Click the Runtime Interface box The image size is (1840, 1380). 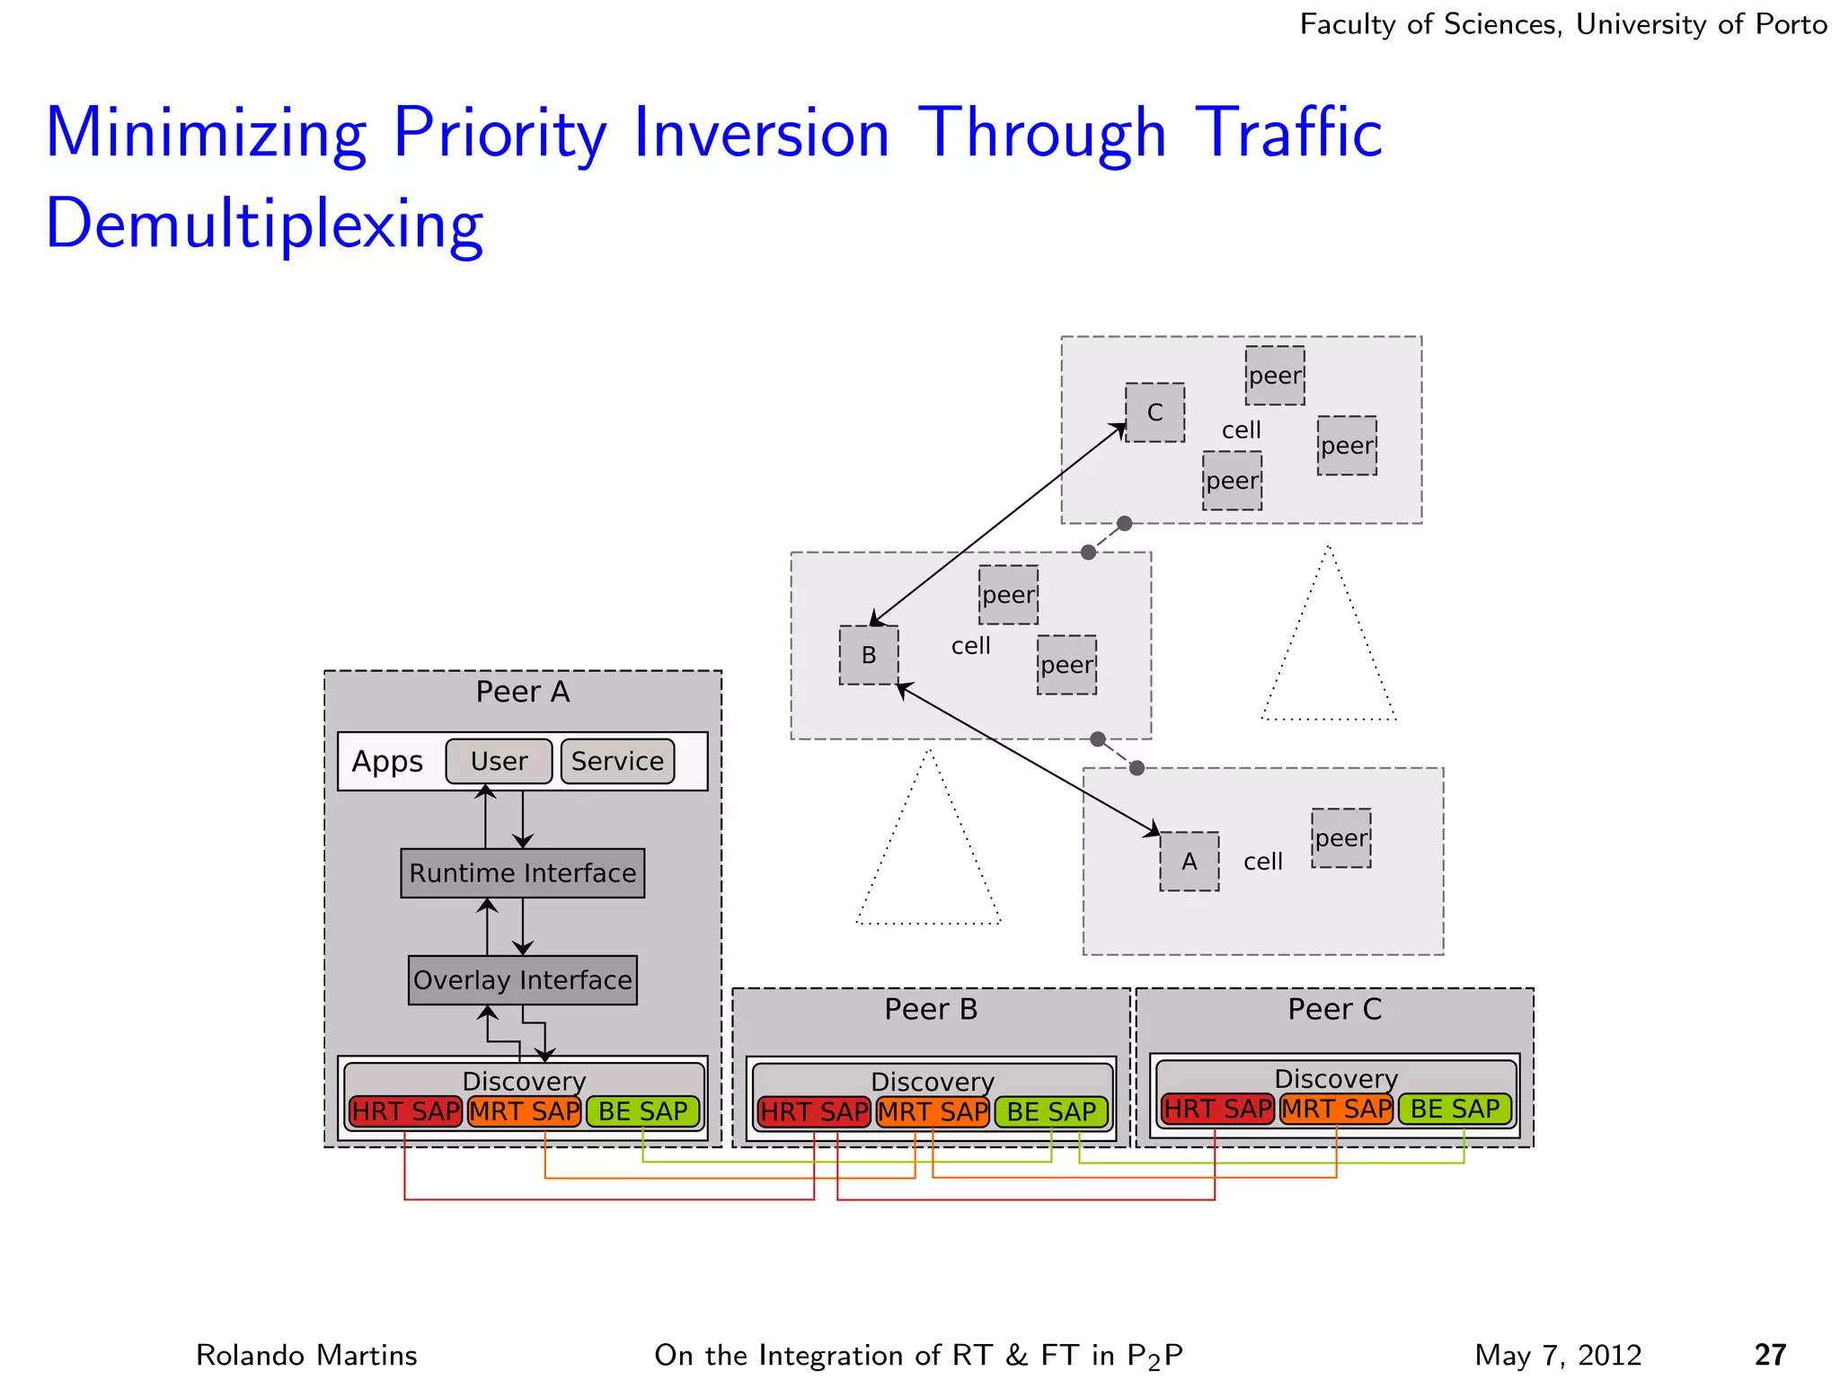[522, 873]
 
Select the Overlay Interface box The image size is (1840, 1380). [522, 980]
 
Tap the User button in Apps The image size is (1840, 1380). [499, 762]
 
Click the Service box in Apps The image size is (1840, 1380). [617, 762]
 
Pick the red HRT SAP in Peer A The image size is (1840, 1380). [405, 1112]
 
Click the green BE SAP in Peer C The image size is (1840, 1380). [1455, 1110]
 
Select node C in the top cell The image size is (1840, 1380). [1154, 412]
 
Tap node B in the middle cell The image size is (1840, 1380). [868, 655]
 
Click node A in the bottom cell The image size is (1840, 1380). [1189, 862]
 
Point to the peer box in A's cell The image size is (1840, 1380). [1340, 838]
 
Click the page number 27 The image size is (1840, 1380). [1770, 1355]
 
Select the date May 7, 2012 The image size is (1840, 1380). [1558, 1355]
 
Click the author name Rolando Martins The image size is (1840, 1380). [306, 1355]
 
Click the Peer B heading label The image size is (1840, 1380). [931, 1010]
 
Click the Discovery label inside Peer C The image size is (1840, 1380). [1336, 1078]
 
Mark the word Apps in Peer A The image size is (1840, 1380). [387, 762]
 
